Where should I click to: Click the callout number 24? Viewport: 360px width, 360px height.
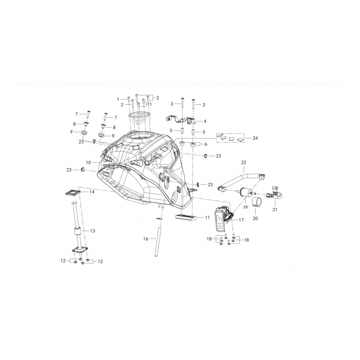pos(255,138)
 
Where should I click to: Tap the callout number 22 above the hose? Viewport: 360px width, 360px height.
pos(243,162)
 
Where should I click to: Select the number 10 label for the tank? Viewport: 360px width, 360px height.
pos(88,162)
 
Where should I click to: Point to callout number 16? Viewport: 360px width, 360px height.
pos(145,239)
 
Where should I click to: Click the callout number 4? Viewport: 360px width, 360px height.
pos(205,121)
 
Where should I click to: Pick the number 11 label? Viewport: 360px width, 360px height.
pos(207,217)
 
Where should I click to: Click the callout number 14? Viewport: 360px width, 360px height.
pos(92,192)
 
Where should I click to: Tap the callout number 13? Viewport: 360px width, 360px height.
pos(93,231)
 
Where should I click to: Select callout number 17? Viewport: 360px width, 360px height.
pos(241,220)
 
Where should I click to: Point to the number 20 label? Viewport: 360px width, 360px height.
pos(255,218)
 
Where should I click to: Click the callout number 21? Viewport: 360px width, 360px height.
pos(275,209)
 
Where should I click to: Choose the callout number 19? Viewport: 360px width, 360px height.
pos(245,207)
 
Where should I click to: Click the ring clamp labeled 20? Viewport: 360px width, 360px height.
pos(257,202)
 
